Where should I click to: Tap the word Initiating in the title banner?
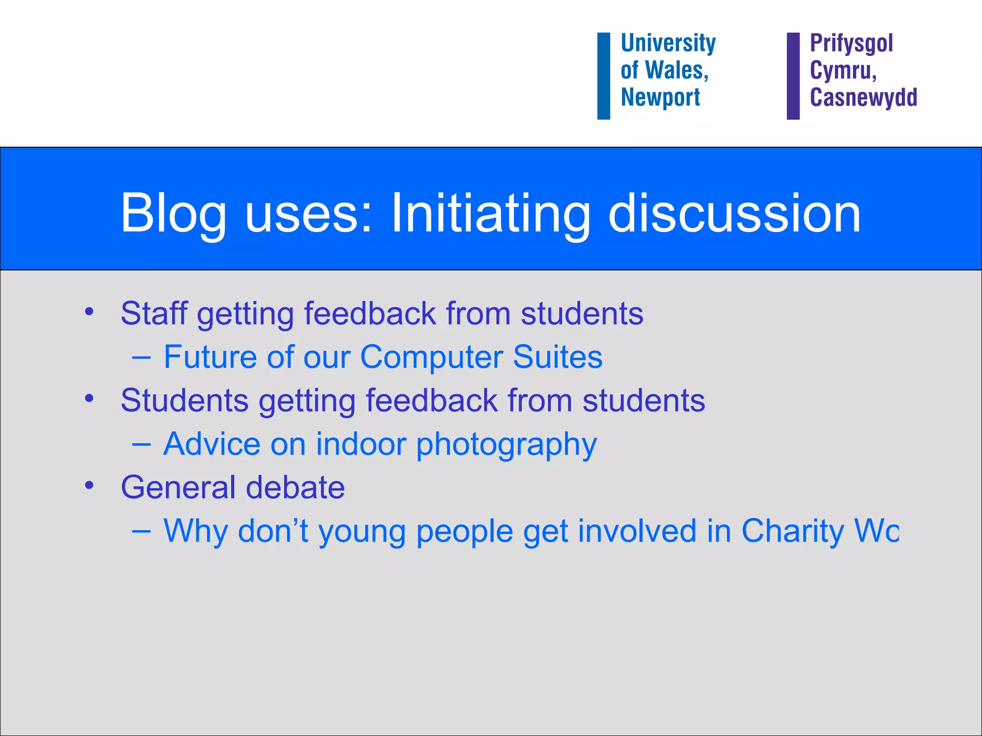tap(490, 214)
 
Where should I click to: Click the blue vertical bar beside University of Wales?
tap(603, 76)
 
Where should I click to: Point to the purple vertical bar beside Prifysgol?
tap(793, 76)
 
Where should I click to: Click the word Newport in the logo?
tap(660, 97)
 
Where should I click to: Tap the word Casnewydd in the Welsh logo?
tap(863, 97)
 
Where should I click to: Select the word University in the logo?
tap(668, 43)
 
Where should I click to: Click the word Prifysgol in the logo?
tap(851, 43)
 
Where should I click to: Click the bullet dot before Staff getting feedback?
tap(89, 312)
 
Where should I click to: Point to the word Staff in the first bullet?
tap(153, 314)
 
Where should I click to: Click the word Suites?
tap(557, 357)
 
